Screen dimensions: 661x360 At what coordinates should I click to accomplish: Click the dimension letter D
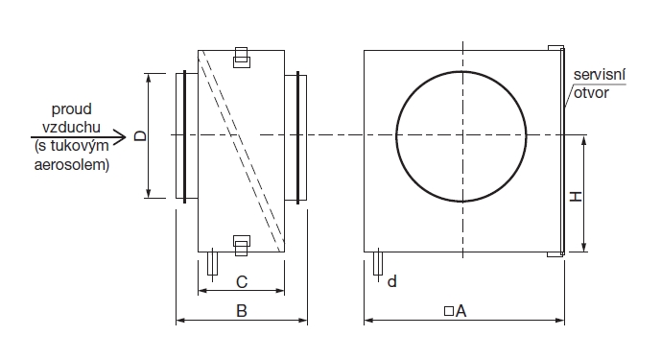pyautogui.click(x=140, y=135)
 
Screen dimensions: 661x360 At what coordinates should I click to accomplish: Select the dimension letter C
pyautogui.click(x=242, y=282)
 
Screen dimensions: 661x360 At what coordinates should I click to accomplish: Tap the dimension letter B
pyautogui.click(x=241, y=311)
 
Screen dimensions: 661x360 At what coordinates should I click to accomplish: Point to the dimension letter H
pyautogui.click(x=576, y=196)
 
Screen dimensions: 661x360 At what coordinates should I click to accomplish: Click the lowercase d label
pyautogui.click(x=392, y=281)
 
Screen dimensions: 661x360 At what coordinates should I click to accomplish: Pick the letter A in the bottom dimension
pyautogui.click(x=460, y=311)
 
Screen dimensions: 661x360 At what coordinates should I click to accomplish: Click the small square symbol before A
pyautogui.click(x=449, y=311)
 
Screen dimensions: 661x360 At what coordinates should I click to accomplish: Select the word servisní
pyautogui.click(x=599, y=75)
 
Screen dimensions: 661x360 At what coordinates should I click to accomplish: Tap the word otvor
pyautogui.click(x=591, y=93)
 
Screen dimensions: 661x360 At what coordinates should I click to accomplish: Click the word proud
pyautogui.click(x=72, y=109)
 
